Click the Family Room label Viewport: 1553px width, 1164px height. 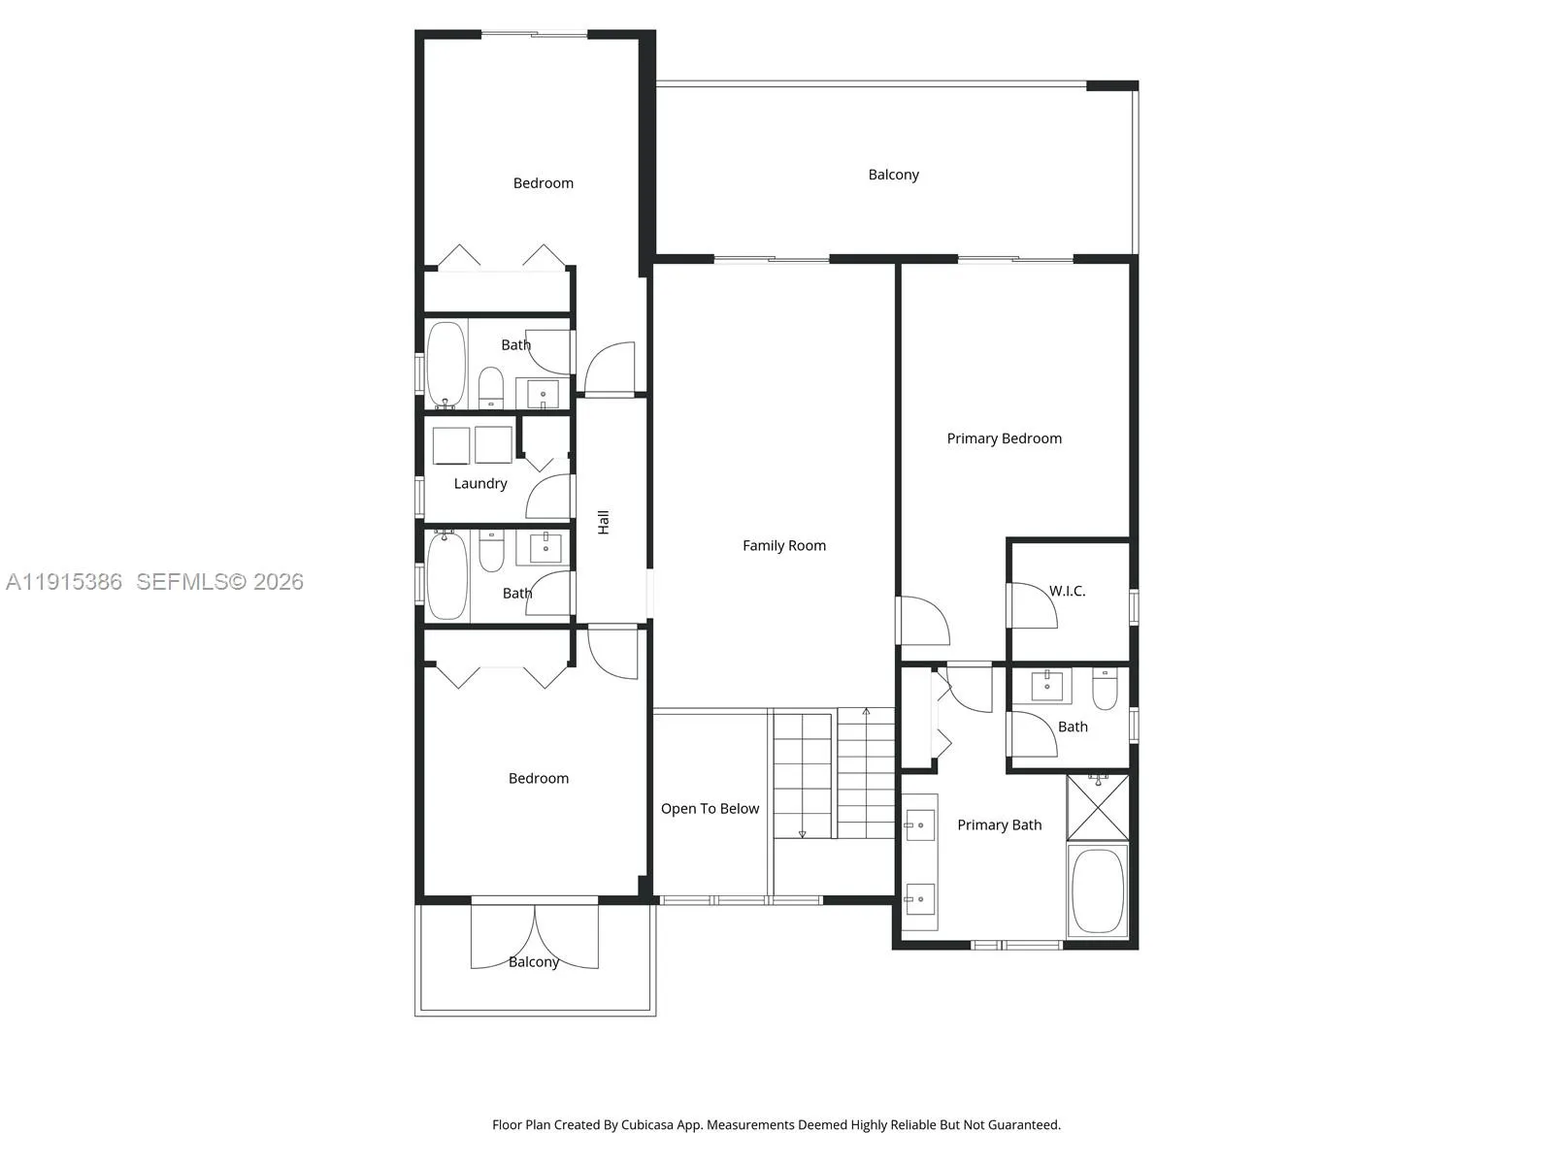pyautogui.click(x=784, y=545)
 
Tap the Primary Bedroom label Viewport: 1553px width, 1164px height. pyautogui.click(x=1004, y=438)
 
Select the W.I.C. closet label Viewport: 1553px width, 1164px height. pyautogui.click(x=1067, y=591)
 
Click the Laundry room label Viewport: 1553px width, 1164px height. pyautogui.click(x=480, y=483)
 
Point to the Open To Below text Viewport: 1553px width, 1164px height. pyautogui.click(x=710, y=808)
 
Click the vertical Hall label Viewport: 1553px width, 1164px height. pyautogui.click(x=604, y=522)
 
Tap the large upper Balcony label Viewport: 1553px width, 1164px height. pyautogui.click(x=893, y=175)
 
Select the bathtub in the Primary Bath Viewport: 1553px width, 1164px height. pyautogui.click(x=1098, y=890)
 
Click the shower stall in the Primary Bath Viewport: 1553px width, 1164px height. pyautogui.click(x=1098, y=806)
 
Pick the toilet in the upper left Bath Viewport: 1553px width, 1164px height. pyautogui.click(x=491, y=387)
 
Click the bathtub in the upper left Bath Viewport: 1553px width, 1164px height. pyautogui.click(x=446, y=364)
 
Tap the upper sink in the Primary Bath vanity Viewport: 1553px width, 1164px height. pyautogui.click(x=919, y=825)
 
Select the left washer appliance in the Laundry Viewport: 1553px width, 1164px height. pyautogui.click(x=451, y=445)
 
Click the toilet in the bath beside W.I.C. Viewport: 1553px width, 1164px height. pyautogui.click(x=1106, y=690)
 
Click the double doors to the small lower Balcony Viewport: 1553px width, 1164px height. pyautogui.click(x=535, y=937)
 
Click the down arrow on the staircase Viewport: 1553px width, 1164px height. pyautogui.click(x=803, y=833)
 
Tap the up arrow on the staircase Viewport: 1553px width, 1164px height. pyautogui.click(x=866, y=713)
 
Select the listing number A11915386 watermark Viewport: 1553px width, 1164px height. pyautogui.click(x=64, y=581)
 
